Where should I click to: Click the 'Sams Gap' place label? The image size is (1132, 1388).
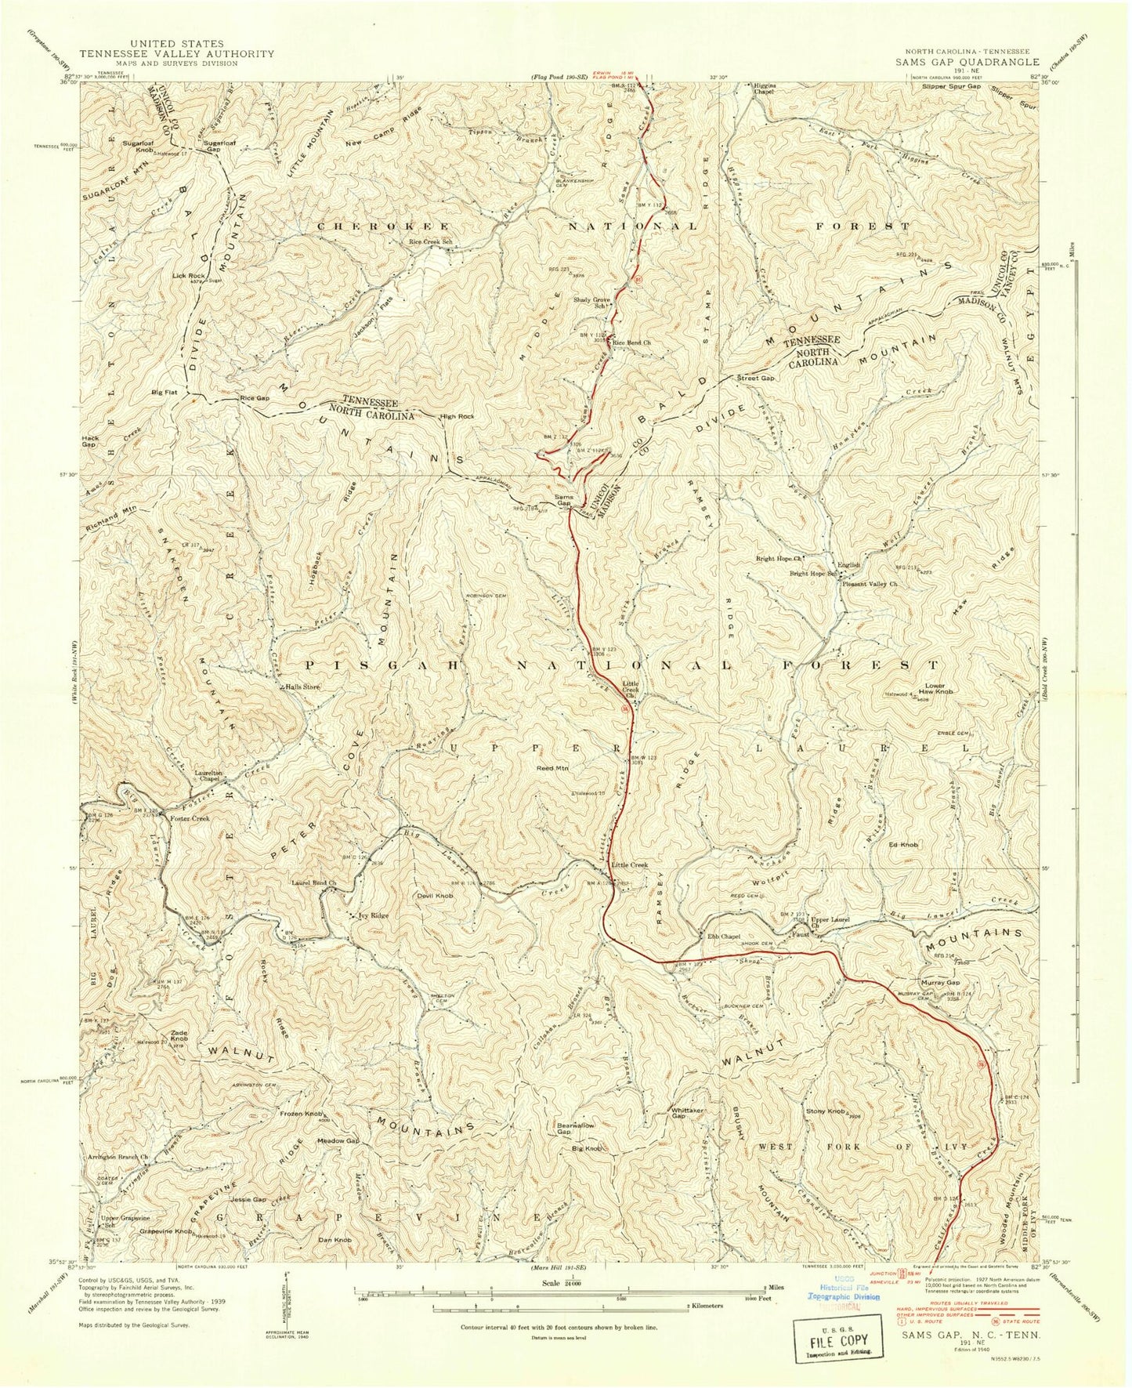564,500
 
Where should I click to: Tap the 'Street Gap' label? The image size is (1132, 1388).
756,379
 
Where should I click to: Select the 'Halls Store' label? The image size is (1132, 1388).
302,687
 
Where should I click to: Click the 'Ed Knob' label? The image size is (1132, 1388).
903,845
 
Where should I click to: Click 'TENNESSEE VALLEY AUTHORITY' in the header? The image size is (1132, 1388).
176,53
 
